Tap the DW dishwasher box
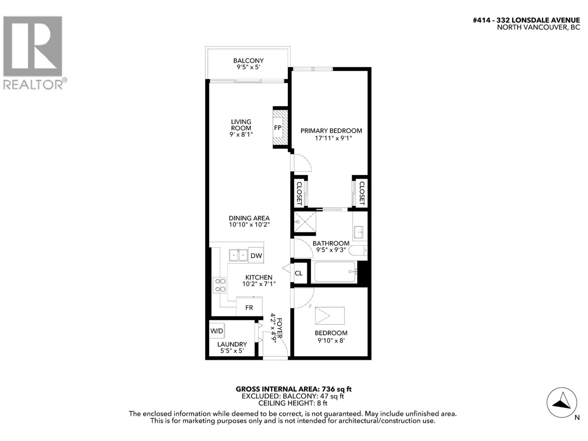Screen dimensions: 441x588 256,255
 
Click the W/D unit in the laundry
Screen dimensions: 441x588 217,331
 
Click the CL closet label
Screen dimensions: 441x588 299,273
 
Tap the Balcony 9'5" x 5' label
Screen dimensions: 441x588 248,64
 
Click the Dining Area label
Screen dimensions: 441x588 249,218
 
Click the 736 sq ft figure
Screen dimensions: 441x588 337,389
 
